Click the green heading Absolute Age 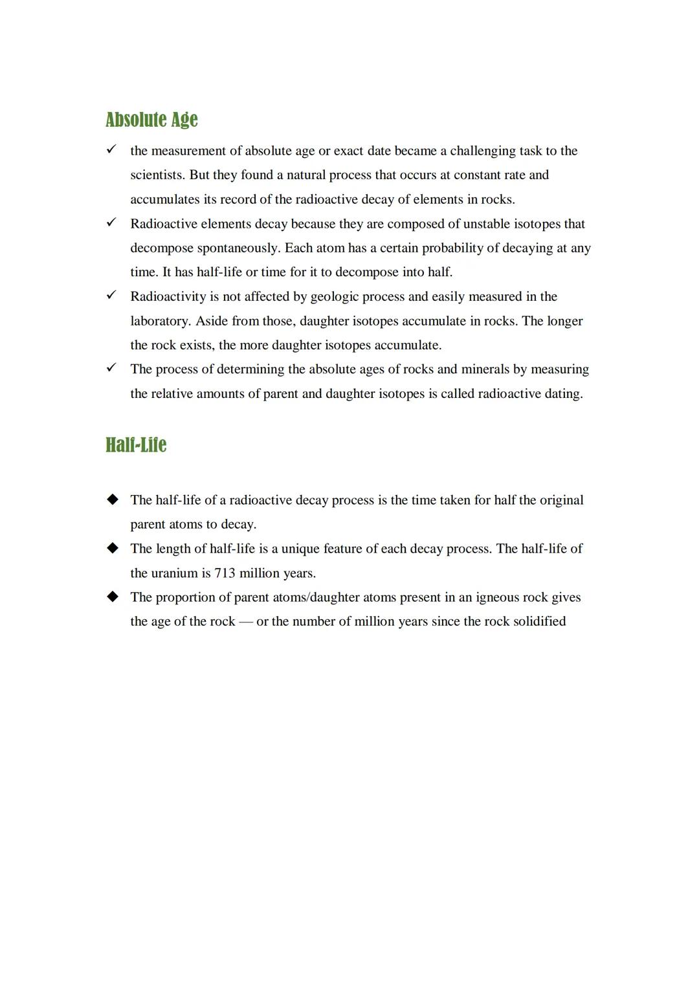(x=151, y=120)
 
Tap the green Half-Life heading (x=136, y=445)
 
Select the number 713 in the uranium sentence (x=225, y=573)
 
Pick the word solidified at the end (x=539, y=621)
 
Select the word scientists (x=157, y=175)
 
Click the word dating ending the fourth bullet (x=562, y=393)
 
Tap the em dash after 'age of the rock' (x=246, y=621)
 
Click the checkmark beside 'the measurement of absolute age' (x=111, y=149)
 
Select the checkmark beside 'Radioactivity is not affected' (x=111, y=295)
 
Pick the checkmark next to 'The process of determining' (x=111, y=368)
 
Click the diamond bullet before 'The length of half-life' (x=113, y=548)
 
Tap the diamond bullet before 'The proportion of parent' (x=113, y=597)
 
